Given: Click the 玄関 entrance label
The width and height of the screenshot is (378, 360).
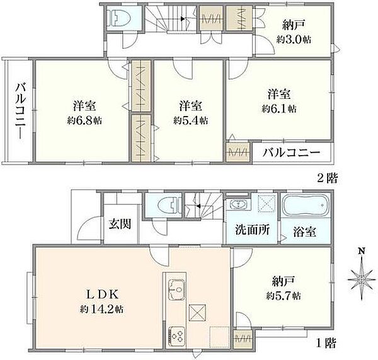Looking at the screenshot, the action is tap(120, 224).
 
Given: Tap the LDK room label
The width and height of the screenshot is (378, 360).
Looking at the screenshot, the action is tap(102, 294).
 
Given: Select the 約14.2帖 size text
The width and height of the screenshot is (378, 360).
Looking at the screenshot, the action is tap(101, 309).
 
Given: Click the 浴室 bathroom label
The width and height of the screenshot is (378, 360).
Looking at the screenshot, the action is tap(305, 232).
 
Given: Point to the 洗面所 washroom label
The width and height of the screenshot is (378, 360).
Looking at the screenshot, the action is tap(253, 230).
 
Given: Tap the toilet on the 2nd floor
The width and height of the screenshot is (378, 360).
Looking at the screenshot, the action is tap(119, 18).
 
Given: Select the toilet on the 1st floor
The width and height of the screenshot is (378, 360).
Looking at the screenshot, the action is tap(169, 206).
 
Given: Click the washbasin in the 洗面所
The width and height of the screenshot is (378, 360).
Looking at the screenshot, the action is tap(238, 205).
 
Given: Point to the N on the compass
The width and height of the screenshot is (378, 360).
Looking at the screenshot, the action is tap(361, 251).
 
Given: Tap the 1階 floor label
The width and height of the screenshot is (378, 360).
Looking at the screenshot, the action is tap(326, 342).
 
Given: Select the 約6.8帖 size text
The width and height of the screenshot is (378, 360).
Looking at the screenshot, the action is tap(84, 120).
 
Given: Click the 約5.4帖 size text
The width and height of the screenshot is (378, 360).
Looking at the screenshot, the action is tap(191, 120).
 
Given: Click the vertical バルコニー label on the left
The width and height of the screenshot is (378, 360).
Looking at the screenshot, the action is tap(21, 111).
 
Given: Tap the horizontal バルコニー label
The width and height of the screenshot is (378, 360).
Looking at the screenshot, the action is tap(291, 153).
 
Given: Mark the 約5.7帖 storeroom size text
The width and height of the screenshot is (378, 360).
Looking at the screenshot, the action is tap(283, 296).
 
